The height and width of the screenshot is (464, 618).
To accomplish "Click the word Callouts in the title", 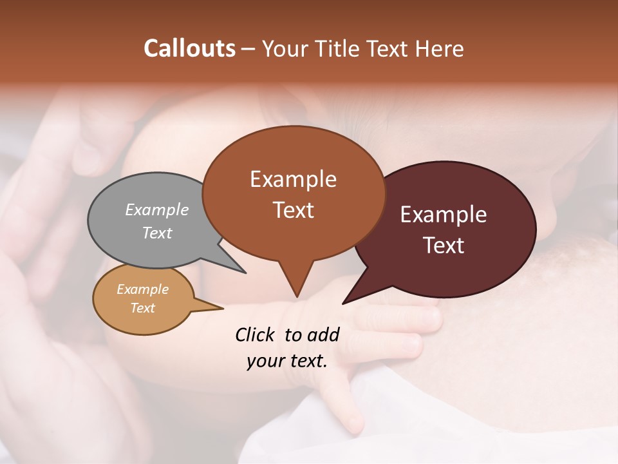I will point(189,48).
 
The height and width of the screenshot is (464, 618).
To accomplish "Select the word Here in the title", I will point(440,48).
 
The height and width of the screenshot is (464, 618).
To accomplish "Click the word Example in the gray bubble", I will point(157,209).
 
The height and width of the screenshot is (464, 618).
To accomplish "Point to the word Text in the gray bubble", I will point(157,233).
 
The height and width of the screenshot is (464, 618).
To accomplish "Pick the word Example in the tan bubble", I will point(142,289).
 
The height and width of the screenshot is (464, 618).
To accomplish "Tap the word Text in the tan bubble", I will point(142,308).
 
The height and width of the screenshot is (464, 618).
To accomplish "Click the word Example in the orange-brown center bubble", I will point(293,179).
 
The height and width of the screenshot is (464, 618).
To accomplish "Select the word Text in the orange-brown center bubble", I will point(293,210).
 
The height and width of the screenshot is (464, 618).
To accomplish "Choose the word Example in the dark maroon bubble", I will point(444,215).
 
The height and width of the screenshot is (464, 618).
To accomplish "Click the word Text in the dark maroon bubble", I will point(444,246).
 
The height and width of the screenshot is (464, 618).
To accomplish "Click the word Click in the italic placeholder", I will point(256,335).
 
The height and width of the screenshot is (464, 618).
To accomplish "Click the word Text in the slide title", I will point(390,48).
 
